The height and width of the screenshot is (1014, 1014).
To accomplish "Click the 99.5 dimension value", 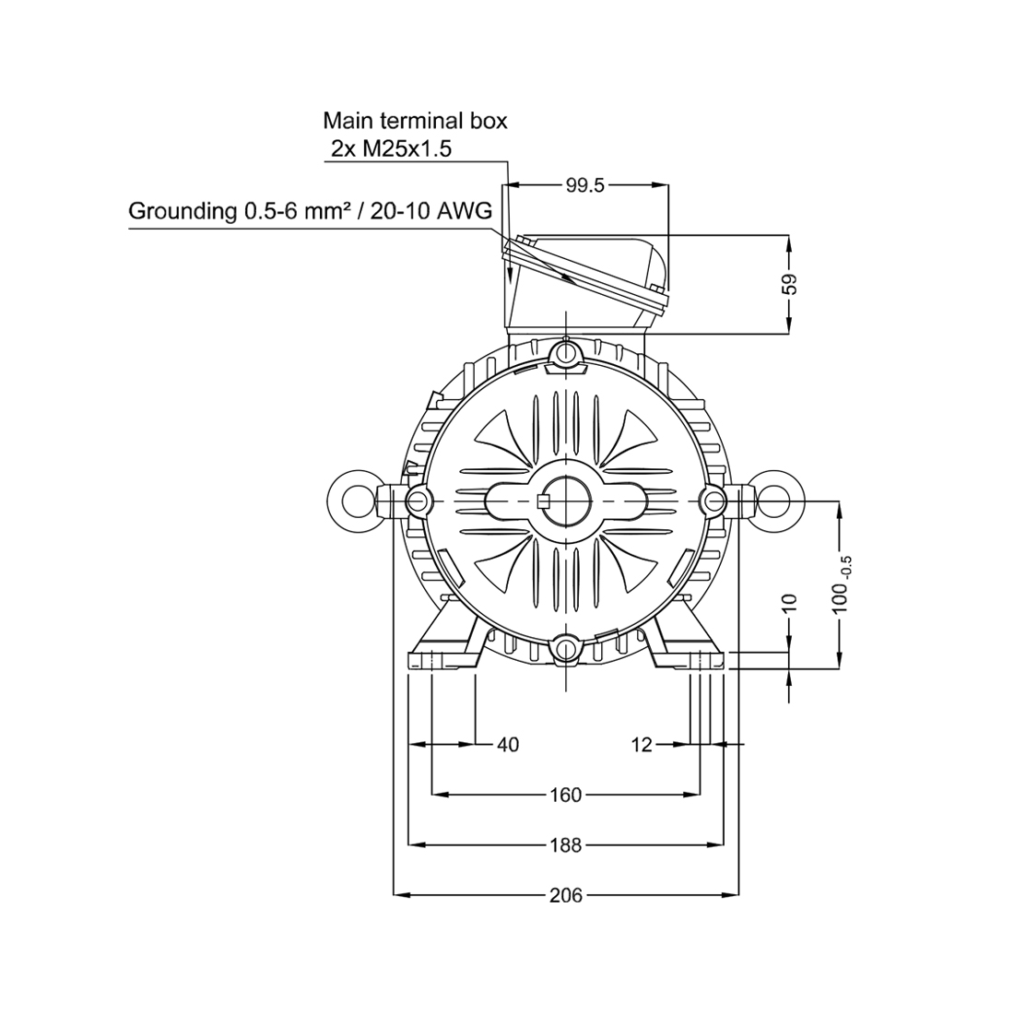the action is [x=584, y=185].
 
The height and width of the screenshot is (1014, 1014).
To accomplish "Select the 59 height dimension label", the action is [x=790, y=285].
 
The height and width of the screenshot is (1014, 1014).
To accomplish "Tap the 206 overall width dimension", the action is [x=566, y=895].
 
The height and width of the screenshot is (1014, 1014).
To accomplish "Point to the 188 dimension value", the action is [x=566, y=844].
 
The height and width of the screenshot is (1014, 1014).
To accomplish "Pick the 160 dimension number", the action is [x=566, y=794].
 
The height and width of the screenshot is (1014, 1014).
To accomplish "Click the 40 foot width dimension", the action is [x=508, y=745].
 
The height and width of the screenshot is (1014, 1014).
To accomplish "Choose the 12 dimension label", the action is [x=643, y=745].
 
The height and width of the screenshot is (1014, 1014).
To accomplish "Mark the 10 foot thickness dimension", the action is [x=790, y=603].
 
